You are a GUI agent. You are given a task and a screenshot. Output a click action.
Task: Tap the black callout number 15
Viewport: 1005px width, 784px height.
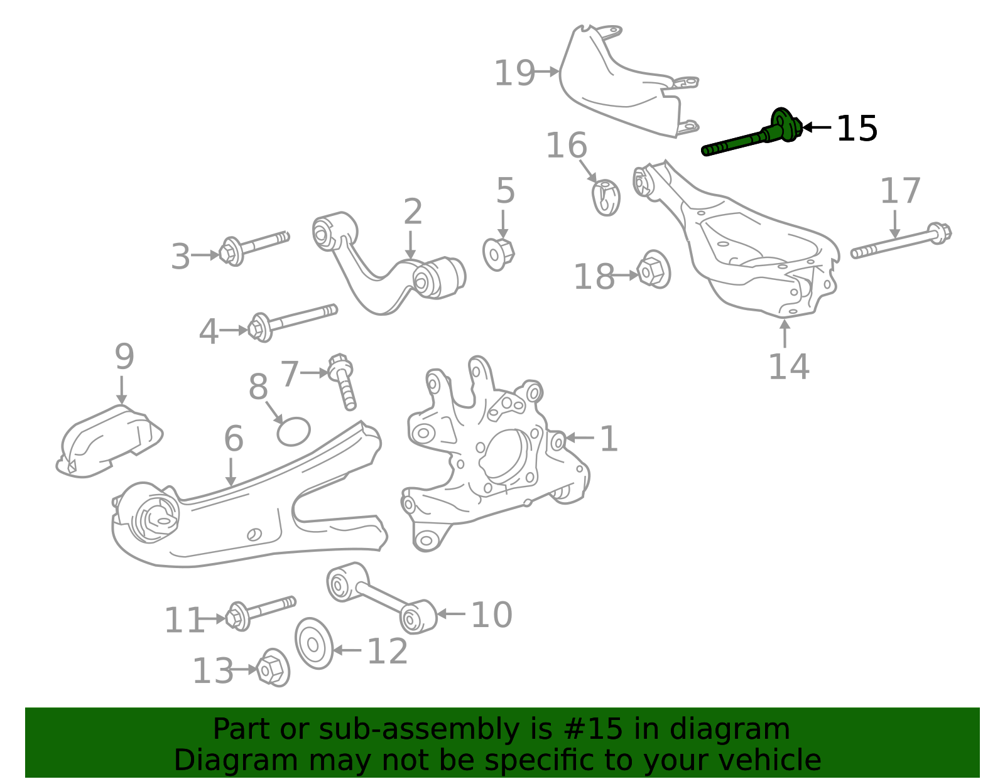point(857,129)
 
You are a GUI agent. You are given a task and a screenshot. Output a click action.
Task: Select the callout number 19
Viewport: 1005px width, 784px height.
point(514,73)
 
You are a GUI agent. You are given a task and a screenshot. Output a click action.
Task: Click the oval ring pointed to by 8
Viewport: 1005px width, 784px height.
point(293,431)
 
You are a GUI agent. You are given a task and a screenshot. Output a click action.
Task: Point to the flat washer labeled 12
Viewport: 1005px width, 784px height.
point(314,643)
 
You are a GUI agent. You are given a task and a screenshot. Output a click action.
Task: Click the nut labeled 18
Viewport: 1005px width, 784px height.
point(653,270)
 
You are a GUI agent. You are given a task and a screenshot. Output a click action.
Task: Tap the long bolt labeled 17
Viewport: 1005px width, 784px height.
point(901,240)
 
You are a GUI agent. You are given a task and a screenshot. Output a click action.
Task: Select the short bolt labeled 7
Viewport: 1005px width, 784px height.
point(343,382)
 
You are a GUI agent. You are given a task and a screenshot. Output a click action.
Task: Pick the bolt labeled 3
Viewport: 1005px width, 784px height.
point(253,249)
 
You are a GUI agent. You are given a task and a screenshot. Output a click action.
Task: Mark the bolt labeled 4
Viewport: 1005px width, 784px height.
point(292,323)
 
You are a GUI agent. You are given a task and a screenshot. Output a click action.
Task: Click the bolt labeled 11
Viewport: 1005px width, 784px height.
point(261,613)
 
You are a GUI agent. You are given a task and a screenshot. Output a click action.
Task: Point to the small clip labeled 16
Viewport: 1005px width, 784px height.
point(606,197)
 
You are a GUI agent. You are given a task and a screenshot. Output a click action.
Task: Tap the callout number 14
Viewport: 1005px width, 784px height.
point(789,367)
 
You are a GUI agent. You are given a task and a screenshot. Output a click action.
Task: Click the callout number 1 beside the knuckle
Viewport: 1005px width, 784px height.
point(609,438)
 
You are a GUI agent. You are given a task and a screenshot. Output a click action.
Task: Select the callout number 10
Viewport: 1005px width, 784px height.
point(492,615)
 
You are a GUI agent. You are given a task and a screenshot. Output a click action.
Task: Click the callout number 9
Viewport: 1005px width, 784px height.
point(124,356)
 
